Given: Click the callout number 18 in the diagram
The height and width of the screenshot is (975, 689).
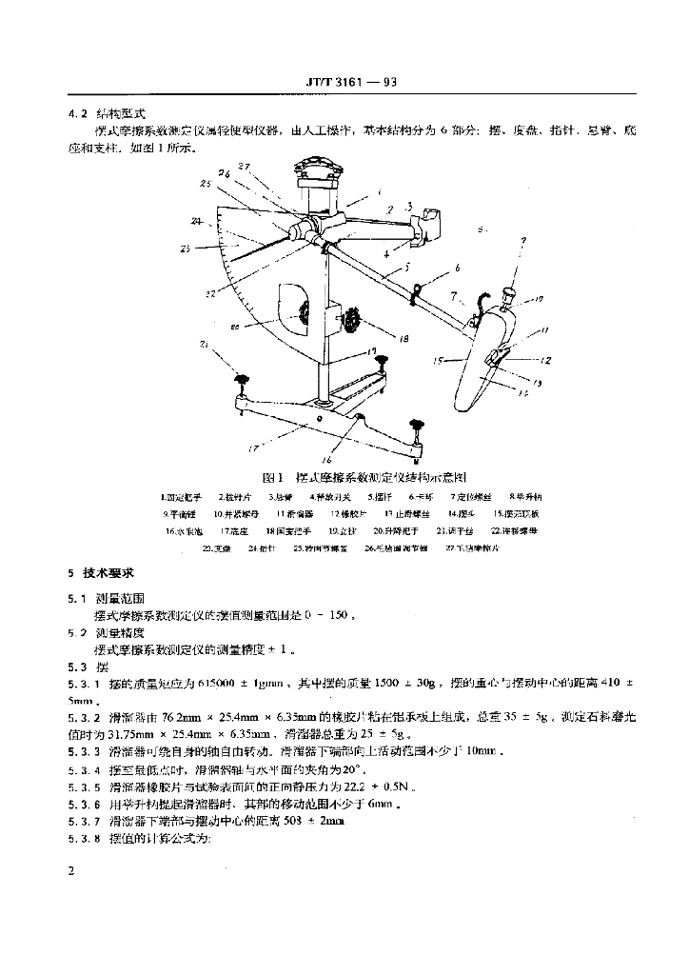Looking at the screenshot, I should click(x=404, y=338).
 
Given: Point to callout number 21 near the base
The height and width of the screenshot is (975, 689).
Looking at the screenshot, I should click(x=205, y=344).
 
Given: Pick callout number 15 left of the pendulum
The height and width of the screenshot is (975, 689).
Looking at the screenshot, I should click(x=439, y=361).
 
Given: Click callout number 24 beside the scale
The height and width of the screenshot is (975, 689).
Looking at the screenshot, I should click(x=196, y=221).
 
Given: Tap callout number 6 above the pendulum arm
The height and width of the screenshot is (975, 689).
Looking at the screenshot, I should click(x=456, y=269).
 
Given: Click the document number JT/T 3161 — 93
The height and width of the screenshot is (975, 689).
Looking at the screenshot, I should click(x=344, y=82).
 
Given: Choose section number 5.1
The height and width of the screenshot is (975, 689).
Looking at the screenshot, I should click(x=77, y=598).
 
